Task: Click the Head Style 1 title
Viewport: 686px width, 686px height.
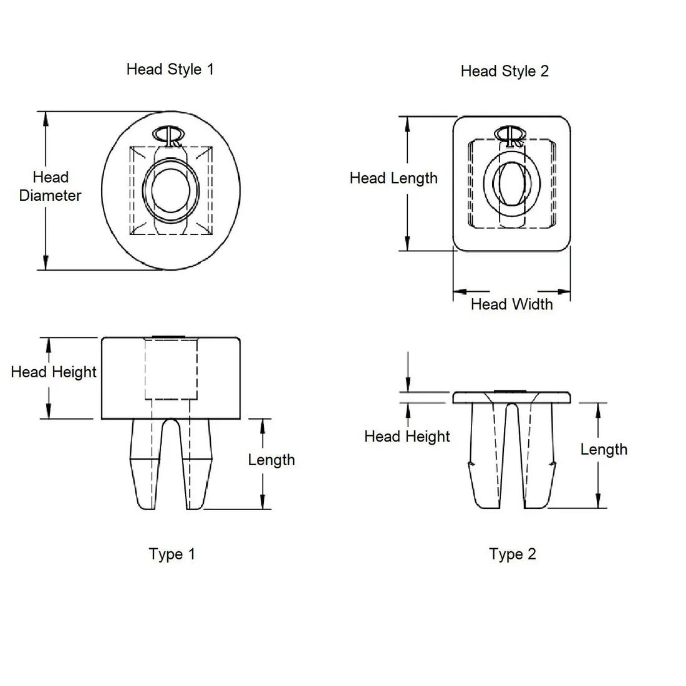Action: [170, 69]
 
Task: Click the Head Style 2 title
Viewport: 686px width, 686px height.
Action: [505, 71]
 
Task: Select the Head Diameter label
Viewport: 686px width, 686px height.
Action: [50, 186]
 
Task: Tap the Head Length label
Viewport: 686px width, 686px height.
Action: [394, 178]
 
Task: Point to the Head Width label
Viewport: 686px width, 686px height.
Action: [511, 304]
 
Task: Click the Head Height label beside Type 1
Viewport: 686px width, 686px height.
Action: [54, 372]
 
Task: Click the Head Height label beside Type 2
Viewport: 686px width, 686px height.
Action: [407, 437]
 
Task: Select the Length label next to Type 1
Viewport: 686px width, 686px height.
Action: [271, 460]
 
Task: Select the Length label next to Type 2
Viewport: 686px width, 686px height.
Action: [604, 450]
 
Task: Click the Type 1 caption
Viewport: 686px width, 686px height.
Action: [172, 554]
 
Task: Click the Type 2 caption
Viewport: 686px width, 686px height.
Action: [513, 554]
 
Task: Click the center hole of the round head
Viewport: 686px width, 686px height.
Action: [170, 190]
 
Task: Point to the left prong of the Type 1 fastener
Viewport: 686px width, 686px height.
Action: [142, 465]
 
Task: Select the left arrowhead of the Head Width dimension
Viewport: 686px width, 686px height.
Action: [460, 291]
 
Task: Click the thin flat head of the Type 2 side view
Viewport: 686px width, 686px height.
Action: [511, 397]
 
